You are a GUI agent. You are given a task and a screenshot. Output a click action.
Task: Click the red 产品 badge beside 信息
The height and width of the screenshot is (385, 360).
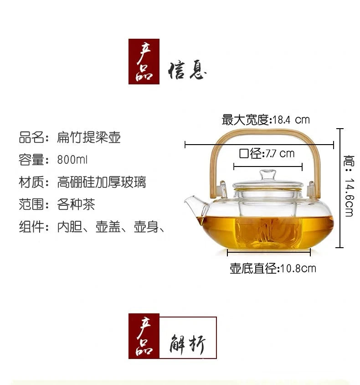pos(144,61)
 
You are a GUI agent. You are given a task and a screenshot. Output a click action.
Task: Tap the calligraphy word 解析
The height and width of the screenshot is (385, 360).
pos(187,345)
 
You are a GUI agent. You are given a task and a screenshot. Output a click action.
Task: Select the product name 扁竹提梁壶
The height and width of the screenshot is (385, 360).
pos(89,137)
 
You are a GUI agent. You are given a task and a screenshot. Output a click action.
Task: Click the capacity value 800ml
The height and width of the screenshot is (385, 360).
pos(72,160)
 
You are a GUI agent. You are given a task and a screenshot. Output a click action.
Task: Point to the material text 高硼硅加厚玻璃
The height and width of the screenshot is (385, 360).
pos(101,182)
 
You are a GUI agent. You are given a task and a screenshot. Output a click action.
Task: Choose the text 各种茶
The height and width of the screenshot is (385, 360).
pos(76,204)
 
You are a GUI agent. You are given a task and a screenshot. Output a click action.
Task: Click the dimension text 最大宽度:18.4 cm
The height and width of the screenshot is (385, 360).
pos(265,120)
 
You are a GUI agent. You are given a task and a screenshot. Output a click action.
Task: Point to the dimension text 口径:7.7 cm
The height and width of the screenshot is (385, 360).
pos(267,153)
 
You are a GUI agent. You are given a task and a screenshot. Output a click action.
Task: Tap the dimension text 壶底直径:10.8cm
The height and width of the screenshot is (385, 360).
pos(273,268)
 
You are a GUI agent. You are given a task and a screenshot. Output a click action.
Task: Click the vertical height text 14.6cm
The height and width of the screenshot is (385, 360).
pos(349,197)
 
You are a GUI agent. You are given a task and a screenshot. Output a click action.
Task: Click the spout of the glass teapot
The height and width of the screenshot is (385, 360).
pos(192,203)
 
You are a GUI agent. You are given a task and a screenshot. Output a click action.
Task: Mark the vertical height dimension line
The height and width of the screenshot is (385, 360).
pos(339,188)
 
